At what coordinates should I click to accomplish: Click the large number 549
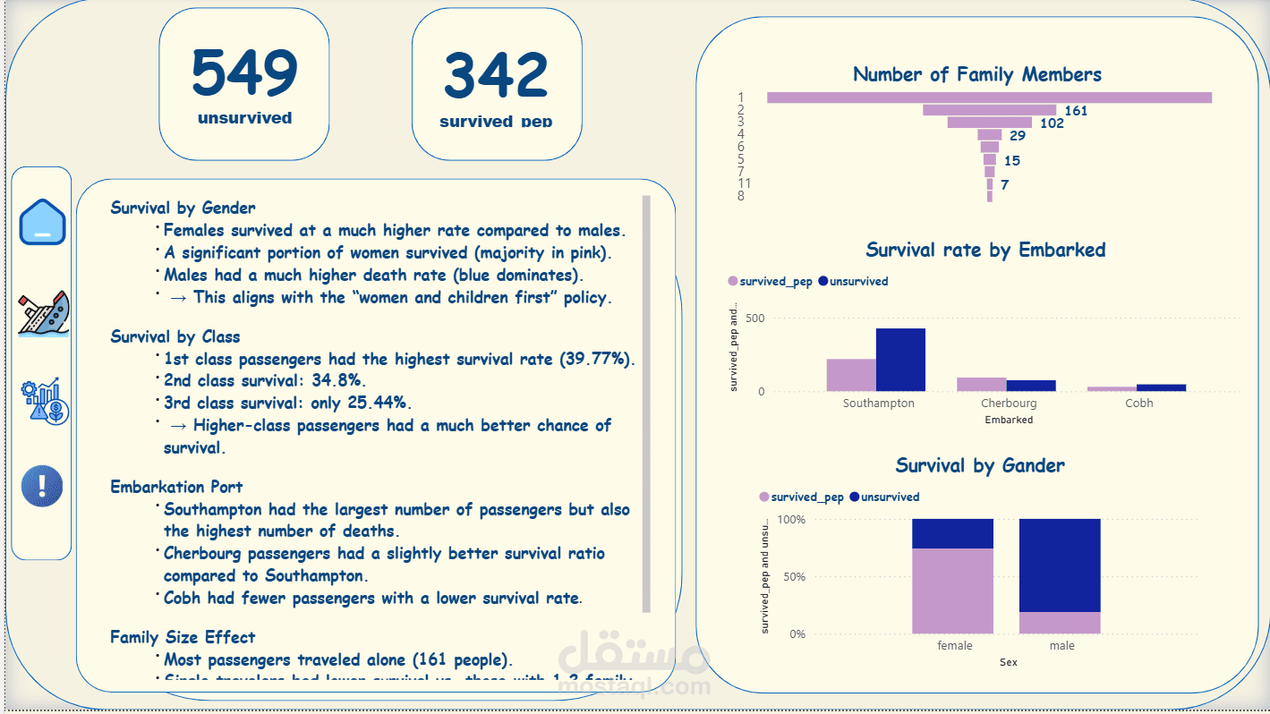pyautogui.click(x=244, y=74)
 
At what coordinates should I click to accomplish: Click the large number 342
pyautogui.click(x=496, y=76)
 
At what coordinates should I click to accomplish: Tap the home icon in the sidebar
pyautogui.click(x=42, y=222)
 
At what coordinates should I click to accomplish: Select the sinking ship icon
pyautogui.click(x=43, y=313)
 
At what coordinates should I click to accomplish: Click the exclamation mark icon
pyautogui.click(x=42, y=486)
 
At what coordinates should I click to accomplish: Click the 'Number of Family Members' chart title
pyautogui.click(x=977, y=74)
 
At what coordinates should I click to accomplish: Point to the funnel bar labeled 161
pyautogui.click(x=990, y=110)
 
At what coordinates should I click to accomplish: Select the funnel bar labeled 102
pyautogui.click(x=989, y=123)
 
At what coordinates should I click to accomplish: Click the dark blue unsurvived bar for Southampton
pyautogui.click(x=900, y=360)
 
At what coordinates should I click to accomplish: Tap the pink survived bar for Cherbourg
pyautogui.click(x=981, y=384)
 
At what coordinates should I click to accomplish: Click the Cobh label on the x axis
pyautogui.click(x=1138, y=404)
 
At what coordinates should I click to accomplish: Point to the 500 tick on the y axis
pyautogui.click(x=754, y=319)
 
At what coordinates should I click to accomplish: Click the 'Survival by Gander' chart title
pyautogui.click(x=980, y=465)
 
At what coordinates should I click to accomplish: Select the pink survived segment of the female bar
pyautogui.click(x=952, y=591)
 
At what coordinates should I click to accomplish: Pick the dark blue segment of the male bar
pyautogui.click(x=1060, y=565)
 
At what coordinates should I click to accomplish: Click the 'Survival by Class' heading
pyautogui.click(x=175, y=336)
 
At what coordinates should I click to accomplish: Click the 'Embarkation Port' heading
pyautogui.click(x=176, y=487)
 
